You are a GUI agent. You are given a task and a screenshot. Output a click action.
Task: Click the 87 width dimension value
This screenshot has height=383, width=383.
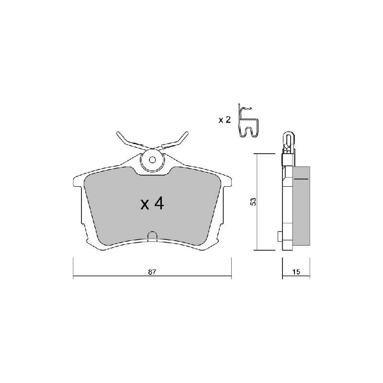152,272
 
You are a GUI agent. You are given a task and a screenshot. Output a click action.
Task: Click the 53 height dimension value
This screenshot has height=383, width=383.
254,202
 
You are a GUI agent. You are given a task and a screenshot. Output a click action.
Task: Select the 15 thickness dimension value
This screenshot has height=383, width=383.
296,272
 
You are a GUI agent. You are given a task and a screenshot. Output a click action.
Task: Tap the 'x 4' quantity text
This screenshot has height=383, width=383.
152,204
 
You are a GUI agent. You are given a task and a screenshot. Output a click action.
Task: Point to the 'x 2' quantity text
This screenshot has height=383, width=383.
225,120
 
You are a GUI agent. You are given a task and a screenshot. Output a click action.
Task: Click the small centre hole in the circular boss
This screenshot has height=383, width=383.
152,160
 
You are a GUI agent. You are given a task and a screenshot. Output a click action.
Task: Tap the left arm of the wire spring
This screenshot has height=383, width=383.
132,142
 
